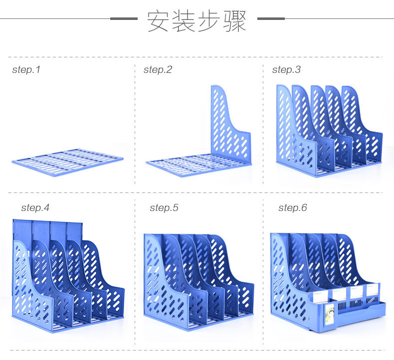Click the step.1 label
click(26, 70)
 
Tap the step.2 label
click(158, 70)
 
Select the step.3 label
click(286, 70)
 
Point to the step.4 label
click(35, 207)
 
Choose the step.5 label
click(164, 207)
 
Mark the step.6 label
click(292, 207)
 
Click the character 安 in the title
click(158, 21)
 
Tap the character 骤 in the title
click(235, 21)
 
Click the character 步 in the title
click(209, 21)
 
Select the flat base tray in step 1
click(67, 162)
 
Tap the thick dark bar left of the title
click(124, 18)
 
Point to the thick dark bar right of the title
click(271, 18)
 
